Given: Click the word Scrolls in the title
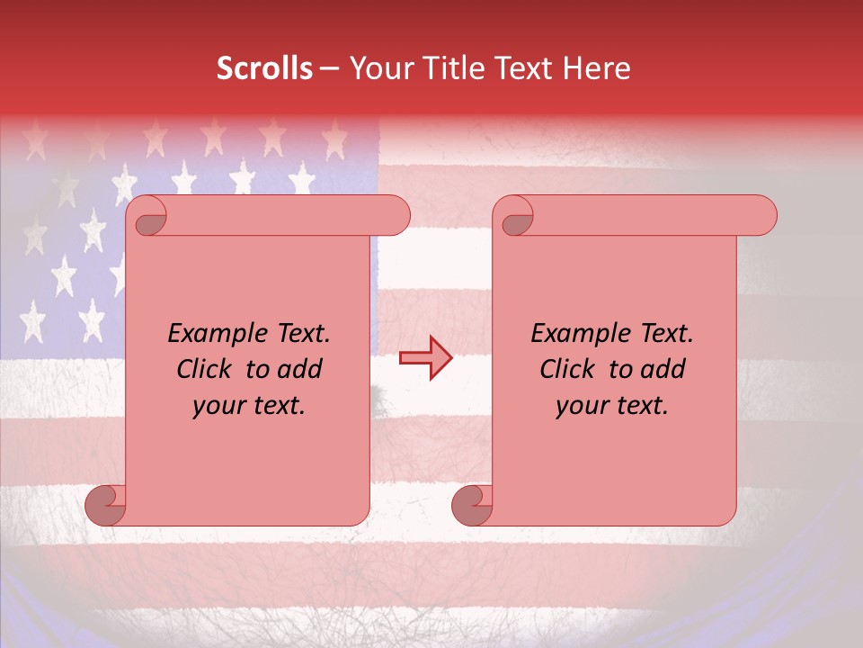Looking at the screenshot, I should coord(264,68).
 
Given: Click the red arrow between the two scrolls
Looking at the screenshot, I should coord(425,358).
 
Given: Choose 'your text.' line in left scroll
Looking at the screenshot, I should coord(249,406).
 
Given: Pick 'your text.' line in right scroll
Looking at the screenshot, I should coord(612,406).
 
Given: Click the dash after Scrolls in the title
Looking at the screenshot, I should coord(329,68).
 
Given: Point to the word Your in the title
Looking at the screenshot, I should coord(380,68).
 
